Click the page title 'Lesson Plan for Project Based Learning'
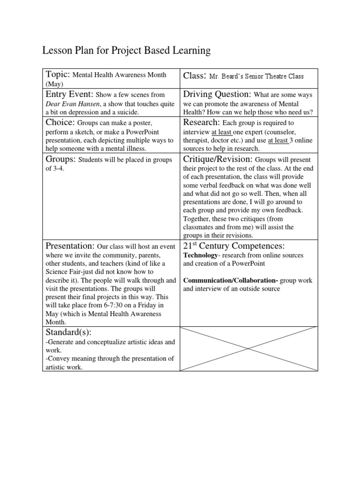126,51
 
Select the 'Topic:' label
57,75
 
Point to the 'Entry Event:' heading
69,94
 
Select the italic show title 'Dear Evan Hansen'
72,104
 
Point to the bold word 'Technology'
201,255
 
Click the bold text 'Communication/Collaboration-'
231,280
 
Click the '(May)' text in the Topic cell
53,83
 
